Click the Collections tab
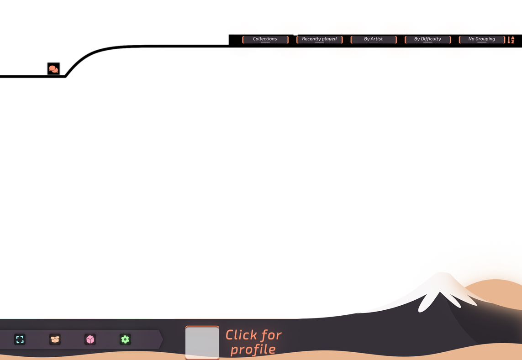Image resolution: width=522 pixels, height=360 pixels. pos(265,39)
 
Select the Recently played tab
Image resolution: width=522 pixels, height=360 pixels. pos(319,39)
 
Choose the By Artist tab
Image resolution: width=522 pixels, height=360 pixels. pos(373,39)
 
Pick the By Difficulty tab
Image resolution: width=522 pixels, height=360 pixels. pos(427,39)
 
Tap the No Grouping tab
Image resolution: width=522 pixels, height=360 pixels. pos(481,39)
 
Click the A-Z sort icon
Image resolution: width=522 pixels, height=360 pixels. pos(511,40)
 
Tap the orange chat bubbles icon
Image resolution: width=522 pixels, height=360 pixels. pos(53,69)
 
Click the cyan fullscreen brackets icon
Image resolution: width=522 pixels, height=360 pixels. pos(20,339)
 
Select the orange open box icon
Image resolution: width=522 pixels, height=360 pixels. pos(55,339)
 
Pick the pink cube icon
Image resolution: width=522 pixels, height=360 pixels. pos(90,339)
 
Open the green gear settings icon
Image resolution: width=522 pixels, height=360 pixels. pos(125,339)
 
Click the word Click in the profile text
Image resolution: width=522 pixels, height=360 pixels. pos(241,335)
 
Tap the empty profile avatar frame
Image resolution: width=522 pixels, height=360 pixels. pos(202,342)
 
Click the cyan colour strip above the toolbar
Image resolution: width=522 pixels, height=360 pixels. pos(23,316)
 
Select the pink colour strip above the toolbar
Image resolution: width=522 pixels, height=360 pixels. pos(90,316)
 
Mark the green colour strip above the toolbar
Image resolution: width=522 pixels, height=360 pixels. pos(134,316)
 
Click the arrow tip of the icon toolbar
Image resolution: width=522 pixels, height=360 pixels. pos(161,339)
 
